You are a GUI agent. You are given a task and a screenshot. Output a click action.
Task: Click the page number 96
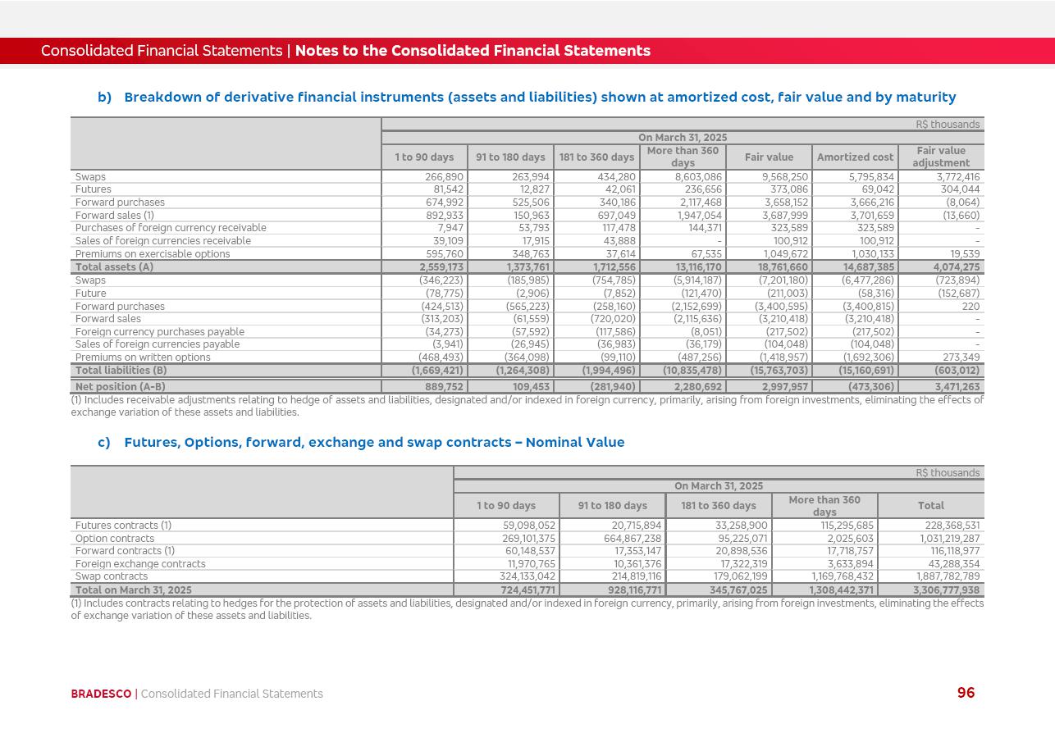pos(966,693)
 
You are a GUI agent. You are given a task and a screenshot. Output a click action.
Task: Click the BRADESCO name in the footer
pos(101,694)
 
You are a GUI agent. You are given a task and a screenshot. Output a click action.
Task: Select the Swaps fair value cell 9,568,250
pos(785,177)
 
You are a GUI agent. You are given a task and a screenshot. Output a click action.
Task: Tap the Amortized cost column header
pos(855,157)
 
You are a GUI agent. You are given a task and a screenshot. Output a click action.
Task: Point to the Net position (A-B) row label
pos(120,387)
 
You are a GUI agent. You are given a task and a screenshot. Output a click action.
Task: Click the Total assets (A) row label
pos(114,267)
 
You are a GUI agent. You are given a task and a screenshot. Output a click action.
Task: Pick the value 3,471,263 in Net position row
pos(957,387)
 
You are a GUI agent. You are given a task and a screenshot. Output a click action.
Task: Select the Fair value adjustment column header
pos(941,157)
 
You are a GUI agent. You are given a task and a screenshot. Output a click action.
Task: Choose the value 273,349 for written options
pos(959,357)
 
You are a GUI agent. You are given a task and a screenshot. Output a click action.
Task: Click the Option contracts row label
pos(114,539)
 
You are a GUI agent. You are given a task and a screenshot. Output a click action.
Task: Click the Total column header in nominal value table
pos(930,506)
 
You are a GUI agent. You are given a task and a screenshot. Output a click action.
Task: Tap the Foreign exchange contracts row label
pos(140,564)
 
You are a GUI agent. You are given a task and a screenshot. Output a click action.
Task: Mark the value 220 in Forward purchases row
pos(971,307)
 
